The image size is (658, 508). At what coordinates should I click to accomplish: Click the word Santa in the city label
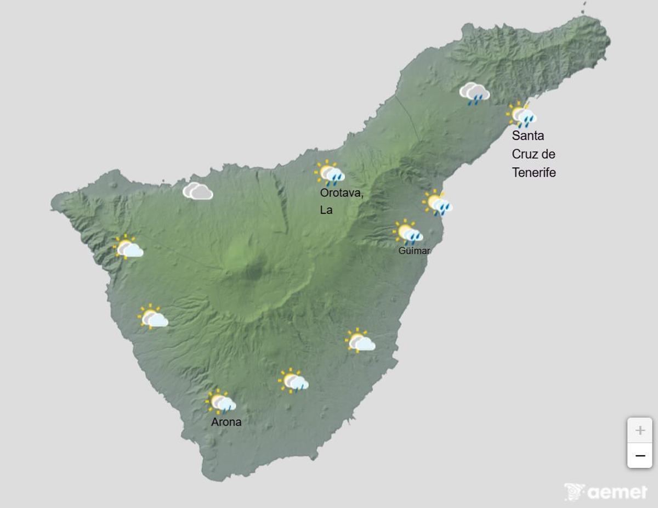pyautogui.click(x=528, y=136)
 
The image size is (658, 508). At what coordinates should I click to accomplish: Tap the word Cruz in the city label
pyautogui.click(x=524, y=154)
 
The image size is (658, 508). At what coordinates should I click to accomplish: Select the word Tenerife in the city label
pyautogui.click(x=534, y=173)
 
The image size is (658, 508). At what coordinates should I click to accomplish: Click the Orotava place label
pyautogui.click(x=342, y=193)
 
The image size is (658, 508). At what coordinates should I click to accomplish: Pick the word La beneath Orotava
pyautogui.click(x=326, y=210)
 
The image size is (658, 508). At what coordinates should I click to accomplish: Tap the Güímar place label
pyautogui.click(x=415, y=251)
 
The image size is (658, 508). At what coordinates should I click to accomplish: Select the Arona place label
pyautogui.click(x=226, y=422)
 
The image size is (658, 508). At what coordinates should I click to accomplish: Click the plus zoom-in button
pyautogui.click(x=639, y=430)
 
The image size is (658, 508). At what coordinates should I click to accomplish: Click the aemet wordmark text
pyautogui.click(x=617, y=492)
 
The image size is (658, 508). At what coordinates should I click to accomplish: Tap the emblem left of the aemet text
pyautogui.click(x=574, y=492)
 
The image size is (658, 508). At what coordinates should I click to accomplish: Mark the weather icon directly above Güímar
pyautogui.click(x=408, y=233)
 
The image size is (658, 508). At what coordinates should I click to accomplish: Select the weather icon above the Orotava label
pyautogui.click(x=330, y=173)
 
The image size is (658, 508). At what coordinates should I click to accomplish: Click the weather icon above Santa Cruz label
pyautogui.click(x=521, y=115)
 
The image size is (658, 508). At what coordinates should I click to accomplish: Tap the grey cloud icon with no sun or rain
pyautogui.click(x=197, y=191)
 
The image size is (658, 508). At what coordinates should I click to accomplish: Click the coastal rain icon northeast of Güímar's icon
pyautogui.click(x=437, y=203)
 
